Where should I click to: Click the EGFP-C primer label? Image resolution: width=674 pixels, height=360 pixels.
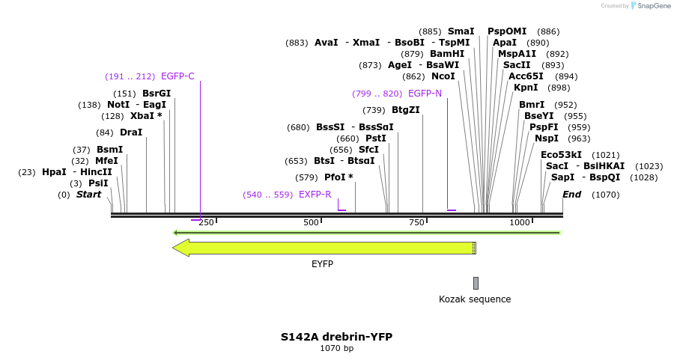(x=177, y=76)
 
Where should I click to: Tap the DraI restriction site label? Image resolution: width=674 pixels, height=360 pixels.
(x=131, y=132)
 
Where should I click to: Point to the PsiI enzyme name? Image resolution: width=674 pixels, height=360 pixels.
(x=98, y=183)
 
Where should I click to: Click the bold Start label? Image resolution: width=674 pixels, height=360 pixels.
(x=88, y=195)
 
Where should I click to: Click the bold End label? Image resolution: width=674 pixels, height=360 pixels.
(x=572, y=195)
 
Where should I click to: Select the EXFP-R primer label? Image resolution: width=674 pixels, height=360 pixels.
(x=315, y=195)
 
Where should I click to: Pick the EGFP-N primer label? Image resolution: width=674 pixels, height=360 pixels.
(x=425, y=94)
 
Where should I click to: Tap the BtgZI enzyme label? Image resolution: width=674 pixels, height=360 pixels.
(x=406, y=110)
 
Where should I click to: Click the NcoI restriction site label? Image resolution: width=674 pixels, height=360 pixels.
(x=443, y=76)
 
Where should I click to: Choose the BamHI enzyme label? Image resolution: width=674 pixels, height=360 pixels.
(x=447, y=54)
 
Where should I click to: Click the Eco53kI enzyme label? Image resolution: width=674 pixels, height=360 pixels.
(x=561, y=155)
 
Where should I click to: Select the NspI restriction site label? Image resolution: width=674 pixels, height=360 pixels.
(x=547, y=138)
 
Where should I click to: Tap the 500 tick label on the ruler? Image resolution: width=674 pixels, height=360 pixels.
(x=311, y=223)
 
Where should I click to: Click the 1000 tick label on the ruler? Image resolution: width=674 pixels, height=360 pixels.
(x=520, y=223)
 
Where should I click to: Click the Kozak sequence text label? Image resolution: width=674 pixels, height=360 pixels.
(x=475, y=299)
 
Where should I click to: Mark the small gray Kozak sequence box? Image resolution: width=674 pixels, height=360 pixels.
(x=476, y=283)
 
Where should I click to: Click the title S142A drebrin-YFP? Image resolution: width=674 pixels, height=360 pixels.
(x=336, y=337)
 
